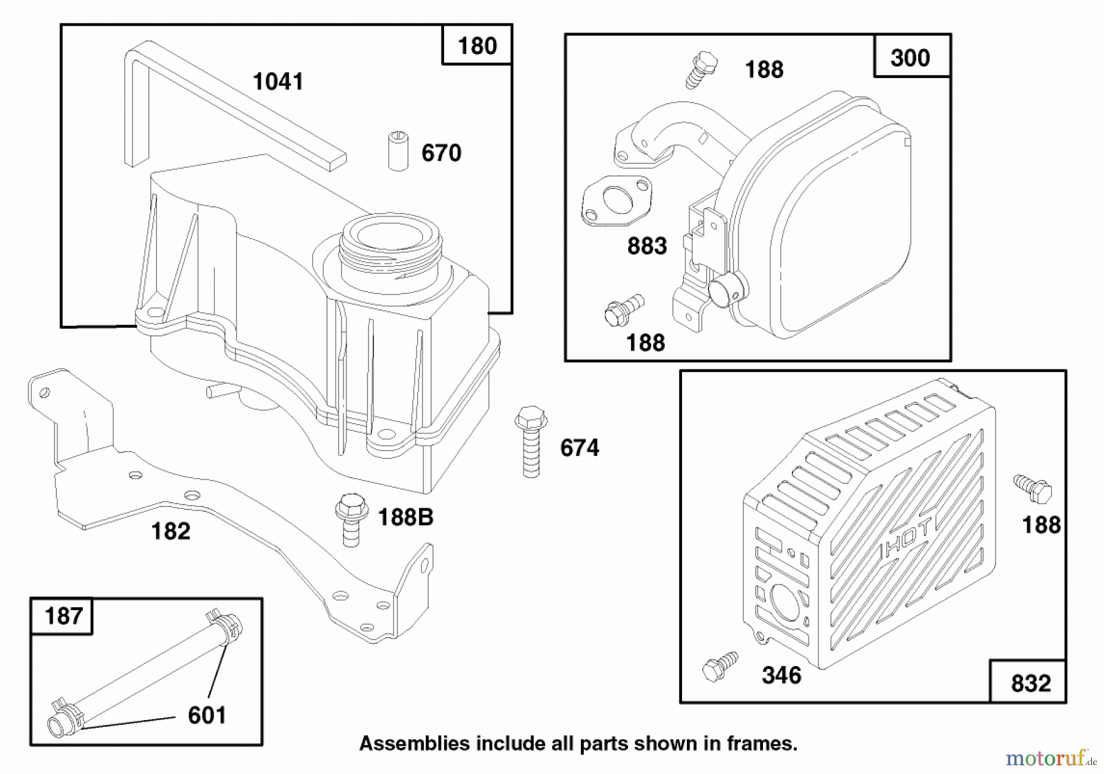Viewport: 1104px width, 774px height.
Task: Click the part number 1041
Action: click(x=278, y=82)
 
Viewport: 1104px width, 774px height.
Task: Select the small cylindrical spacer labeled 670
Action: click(x=398, y=150)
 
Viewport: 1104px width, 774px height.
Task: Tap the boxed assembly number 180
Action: click(x=477, y=46)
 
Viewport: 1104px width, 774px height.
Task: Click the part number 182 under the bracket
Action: click(x=171, y=531)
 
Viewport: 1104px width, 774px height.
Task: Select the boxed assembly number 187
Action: click(x=63, y=616)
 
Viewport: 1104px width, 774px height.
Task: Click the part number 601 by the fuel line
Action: click(x=207, y=715)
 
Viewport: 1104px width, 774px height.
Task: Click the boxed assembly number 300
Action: click(x=910, y=58)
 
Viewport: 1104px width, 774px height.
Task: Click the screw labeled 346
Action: click(x=719, y=666)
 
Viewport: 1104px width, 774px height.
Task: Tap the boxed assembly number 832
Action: click(x=1030, y=683)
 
